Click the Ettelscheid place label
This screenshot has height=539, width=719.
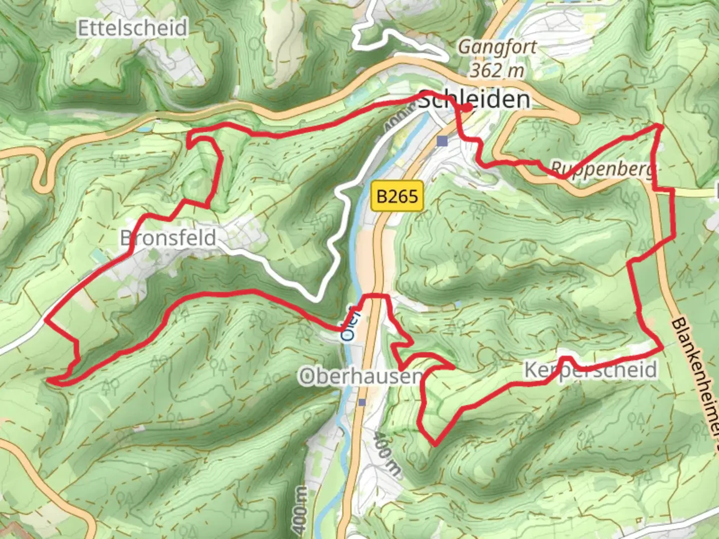coord(132,28)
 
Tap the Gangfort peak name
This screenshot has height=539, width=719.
coord(497,47)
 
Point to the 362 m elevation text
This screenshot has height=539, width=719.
coord(497,70)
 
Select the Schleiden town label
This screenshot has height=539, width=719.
coord(474,100)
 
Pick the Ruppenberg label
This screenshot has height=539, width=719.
coord(602,170)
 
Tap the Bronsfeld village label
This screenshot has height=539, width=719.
coord(168,238)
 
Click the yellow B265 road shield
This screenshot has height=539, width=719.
coord(397,196)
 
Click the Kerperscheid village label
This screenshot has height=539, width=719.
coord(590,370)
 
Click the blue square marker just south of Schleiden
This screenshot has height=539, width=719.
coord(441,141)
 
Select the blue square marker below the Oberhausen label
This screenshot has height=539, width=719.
coord(362,402)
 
